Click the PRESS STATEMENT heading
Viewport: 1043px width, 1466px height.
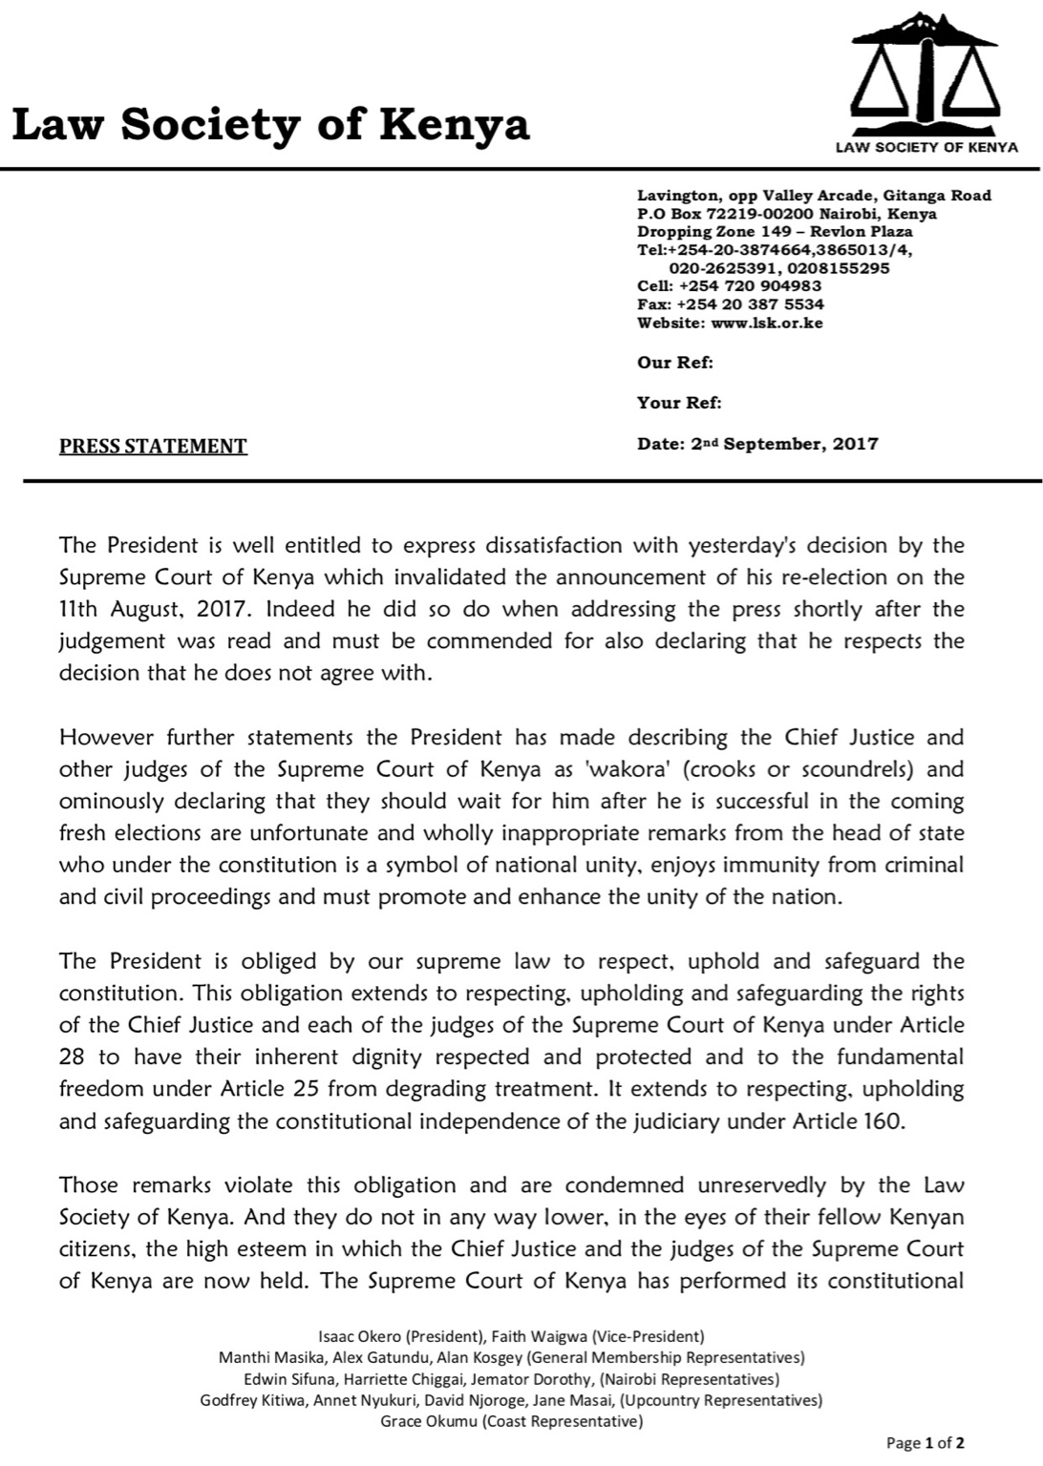(x=153, y=446)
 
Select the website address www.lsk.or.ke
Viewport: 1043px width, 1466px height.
(x=767, y=323)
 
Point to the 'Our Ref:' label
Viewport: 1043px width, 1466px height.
(x=675, y=363)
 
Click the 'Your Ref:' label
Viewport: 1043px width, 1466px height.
(x=679, y=403)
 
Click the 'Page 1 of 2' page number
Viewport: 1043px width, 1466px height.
(x=932, y=1442)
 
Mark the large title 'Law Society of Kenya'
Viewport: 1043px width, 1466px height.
(x=270, y=124)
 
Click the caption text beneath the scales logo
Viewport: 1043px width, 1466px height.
(x=926, y=147)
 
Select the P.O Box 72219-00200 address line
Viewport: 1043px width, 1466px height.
(x=786, y=214)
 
